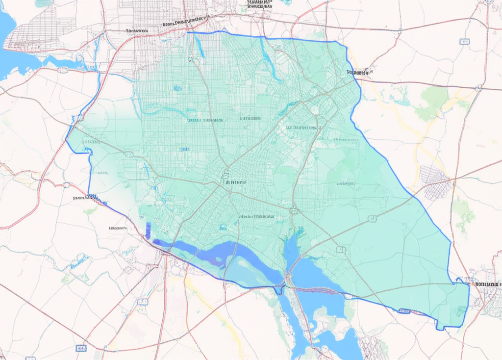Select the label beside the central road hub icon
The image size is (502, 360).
coord(236,182)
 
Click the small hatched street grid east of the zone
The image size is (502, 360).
coord(434,181)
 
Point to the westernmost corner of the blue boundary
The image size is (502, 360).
coord(66,140)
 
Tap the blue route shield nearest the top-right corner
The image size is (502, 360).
coord(464,42)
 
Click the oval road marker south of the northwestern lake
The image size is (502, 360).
coord(62,70)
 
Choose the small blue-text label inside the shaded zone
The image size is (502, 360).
coord(185,149)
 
